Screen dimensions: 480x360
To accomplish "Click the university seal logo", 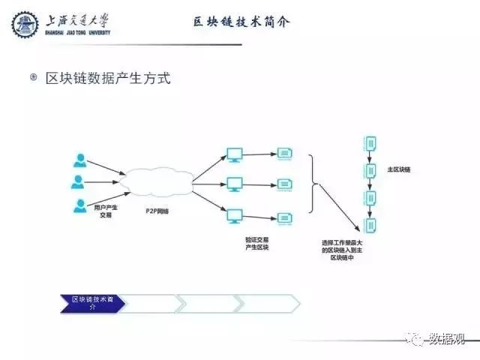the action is pyautogui.click(x=25, y=25).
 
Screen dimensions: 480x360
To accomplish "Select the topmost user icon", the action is pyautogui.click(x=79, y=160).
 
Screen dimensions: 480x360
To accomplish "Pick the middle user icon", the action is pyautogui.click(x=79, y=181).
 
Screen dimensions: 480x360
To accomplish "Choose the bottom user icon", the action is pyautogui.click(x=79, y=205).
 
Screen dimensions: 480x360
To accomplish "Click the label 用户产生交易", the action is pyautogui.click(x=106, y=210).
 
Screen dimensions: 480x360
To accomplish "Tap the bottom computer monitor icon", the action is pyautogui.click(x=235, y=216).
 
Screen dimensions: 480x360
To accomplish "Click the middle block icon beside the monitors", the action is pyautogui.click(x=284, y=184).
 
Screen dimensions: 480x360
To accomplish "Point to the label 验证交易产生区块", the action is pyautogui.click(x=256, y=244).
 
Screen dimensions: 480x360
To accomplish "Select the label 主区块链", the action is pyautogui.click(x=398, y=169).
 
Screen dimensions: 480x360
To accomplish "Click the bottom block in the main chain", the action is pyautogui.click(x=369, y=223).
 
